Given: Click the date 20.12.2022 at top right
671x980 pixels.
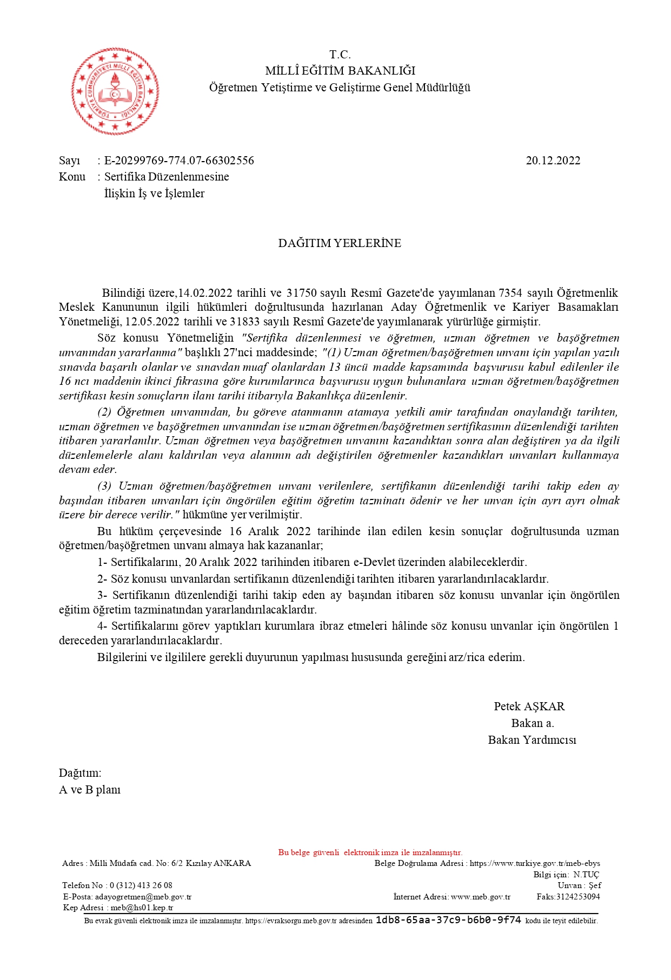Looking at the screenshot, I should pyautogui.click(x=553, y=161).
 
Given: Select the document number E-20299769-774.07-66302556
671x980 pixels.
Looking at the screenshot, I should pyautogui.click(x=179, y=161).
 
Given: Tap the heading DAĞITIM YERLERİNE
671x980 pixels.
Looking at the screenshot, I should pyautogui.click(x=340, y=243).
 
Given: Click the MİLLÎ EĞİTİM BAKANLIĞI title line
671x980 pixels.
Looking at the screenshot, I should pyautogui.click(x=340, y=71).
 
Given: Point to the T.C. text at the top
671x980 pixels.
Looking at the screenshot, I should pyautogui.click(x=340, y=55).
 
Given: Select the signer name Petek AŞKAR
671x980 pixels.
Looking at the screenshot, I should pyautogui.click(x=529, y=706).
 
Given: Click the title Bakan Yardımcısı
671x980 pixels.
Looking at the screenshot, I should pyautogui.click(x=532, y=740).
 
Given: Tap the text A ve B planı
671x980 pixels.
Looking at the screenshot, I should pyautogui.click(x=90, y=790).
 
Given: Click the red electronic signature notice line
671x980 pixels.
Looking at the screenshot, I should pyautogui.click(x=370, y=852).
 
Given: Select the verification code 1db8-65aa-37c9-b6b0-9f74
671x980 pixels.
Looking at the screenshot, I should pyautogui.click(x=448, y=920).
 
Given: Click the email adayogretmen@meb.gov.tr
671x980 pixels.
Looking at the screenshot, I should pyautogui.click(x=143, y=897).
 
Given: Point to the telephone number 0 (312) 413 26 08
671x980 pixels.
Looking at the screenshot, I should pyautogui.click(x=141, y=885).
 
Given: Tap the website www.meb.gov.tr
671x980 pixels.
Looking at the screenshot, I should pyautogui.click(x=480, y=897).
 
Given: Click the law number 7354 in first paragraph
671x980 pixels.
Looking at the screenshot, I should pyautogui.click(x=510, y=293).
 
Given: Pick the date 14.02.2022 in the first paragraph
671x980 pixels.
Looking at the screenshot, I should pyautogui.click(x=205, y=293).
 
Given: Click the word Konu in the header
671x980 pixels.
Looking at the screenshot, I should pyautogui.click(x=72, y=177).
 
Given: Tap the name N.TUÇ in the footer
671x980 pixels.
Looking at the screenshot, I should pyautogui.click(x=586, y=875).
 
